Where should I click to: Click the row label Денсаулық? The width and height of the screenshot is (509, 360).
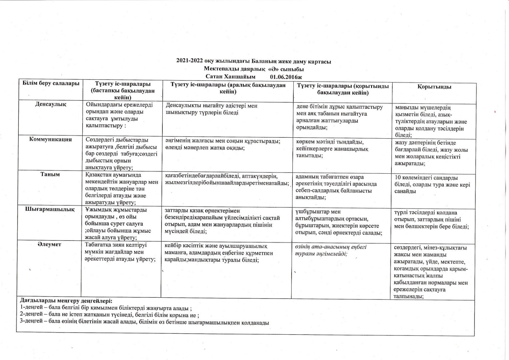51,104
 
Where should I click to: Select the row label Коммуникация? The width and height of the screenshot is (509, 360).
51,139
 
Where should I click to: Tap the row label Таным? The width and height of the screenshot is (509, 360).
50,174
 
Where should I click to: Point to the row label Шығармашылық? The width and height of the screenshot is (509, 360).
50,209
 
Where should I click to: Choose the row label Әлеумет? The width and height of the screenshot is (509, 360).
50,244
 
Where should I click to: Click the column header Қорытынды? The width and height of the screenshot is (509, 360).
434,87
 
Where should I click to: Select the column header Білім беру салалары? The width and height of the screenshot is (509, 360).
51,83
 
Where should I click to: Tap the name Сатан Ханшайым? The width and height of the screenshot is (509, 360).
230,77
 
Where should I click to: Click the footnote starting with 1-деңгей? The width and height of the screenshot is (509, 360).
106,308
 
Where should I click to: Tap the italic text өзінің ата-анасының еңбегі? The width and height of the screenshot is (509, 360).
331,247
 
